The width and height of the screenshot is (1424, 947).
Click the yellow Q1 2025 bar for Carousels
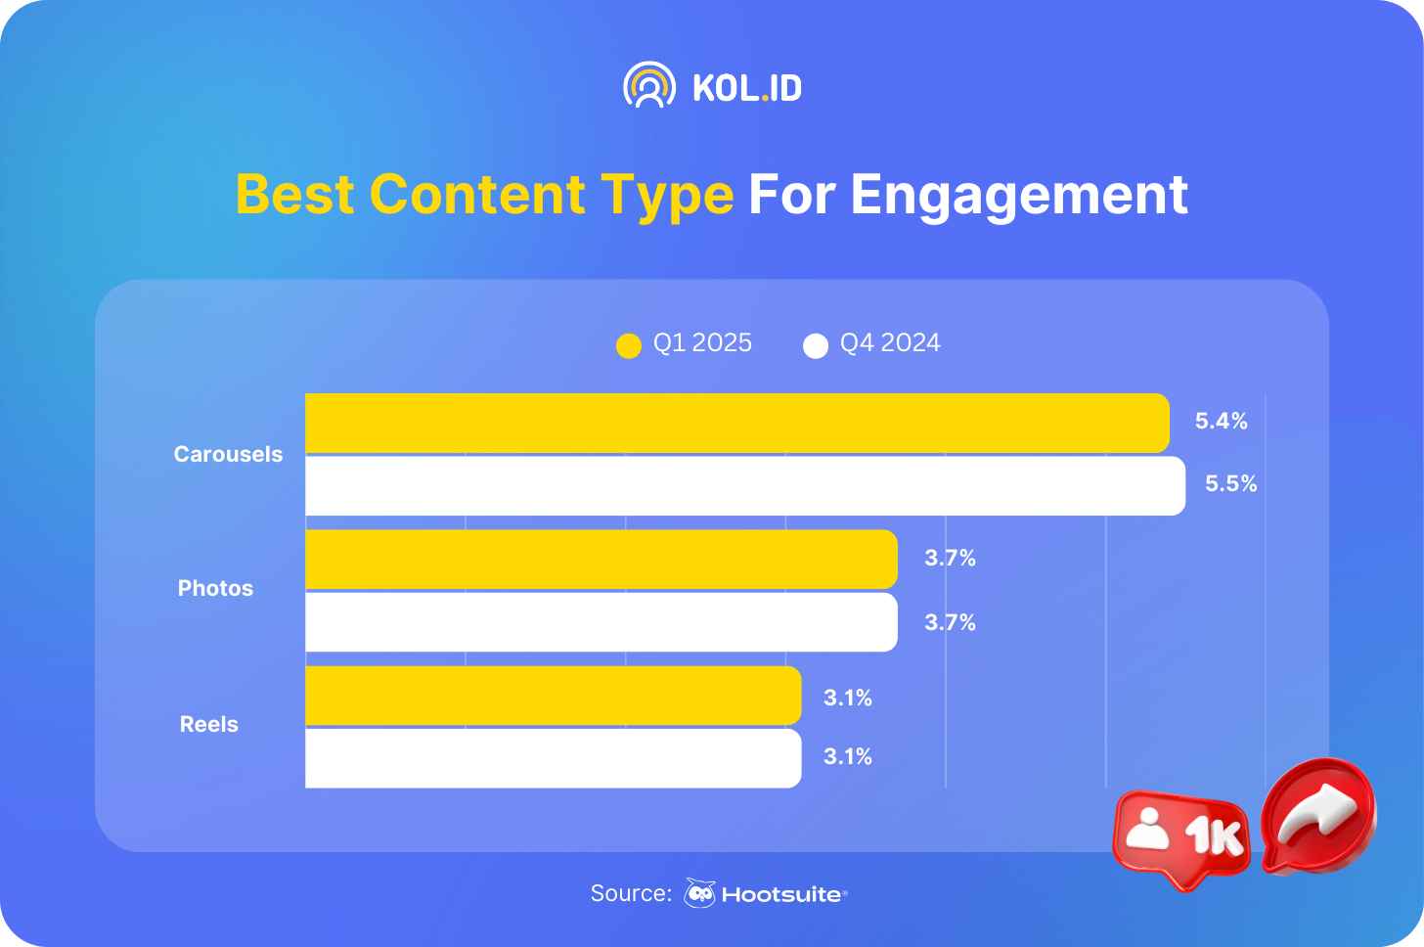pyautogui.click(x=737, y=424)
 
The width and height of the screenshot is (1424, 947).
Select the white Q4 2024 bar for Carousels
pyautogui.click(x=745, y=486)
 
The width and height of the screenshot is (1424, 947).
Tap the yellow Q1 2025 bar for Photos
pyautogui.click(x=601, y=560)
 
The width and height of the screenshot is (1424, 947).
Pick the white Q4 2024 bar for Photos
pyautogui.click(x=601, y=622)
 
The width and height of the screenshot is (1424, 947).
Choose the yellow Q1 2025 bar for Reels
pyautogui.click(x=554, y=696)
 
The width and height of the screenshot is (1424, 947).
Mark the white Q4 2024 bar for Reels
pyautogui.click(x=554, y=759)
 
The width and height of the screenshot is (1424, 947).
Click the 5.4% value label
pyautogui.click(x=1221, y=421)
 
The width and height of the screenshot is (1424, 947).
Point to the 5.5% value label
pyautogui.click(x=1230, y=483)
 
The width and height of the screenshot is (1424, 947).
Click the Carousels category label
pyautogui.click(x=228, y=454)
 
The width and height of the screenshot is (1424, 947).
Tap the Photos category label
pyautogui.click(x=215, y=588)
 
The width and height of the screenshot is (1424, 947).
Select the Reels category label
pyautogui.click(x=209, y=724)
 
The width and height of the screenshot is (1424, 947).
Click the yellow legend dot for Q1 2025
pyautogui.click(x=629, y=346)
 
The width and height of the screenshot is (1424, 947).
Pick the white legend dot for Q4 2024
pyautogui.click(x=816, y=346)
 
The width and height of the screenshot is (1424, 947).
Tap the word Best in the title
pyautogui.click(x=295, y=195)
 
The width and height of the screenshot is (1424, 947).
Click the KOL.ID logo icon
pyautogui.click(x=649, y=85)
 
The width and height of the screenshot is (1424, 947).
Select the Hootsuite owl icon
pyautogui.click(x=699, y=893)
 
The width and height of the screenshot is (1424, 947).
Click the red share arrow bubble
pyautogui.click(x=1317, y=816)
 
